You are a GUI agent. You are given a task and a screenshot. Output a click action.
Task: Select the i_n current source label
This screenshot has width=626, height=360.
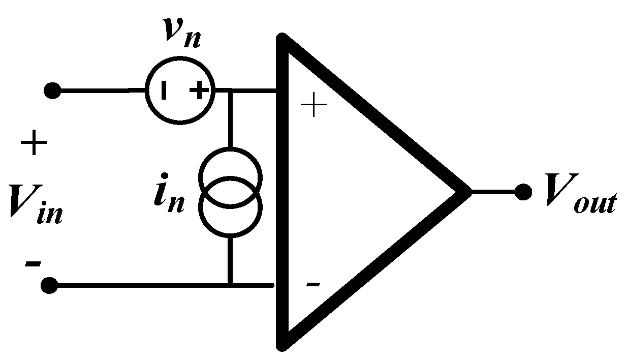tap(169, 196)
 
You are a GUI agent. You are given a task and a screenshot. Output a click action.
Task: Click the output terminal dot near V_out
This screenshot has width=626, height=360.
tap(523, 192)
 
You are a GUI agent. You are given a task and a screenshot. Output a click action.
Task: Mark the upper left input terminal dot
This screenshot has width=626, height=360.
tap(52, 92)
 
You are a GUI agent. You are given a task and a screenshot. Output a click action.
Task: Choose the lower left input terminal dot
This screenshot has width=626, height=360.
tap(49, 286)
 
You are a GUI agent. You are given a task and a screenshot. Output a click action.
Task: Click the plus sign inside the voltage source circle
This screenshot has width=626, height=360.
tap(199, 92)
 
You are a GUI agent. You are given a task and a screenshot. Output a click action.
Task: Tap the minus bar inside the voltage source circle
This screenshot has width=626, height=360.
tap(163, 92)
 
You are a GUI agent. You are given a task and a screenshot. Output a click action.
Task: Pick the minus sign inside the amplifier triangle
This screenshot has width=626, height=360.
tap(313, 284)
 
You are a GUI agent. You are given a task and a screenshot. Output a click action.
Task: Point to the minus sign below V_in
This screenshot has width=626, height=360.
tap(32, 264)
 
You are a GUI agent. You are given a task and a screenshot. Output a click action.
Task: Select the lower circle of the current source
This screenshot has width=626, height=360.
tap(231, 208)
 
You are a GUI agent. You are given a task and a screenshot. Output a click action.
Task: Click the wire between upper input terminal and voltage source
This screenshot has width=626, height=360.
tap(102, 92)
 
